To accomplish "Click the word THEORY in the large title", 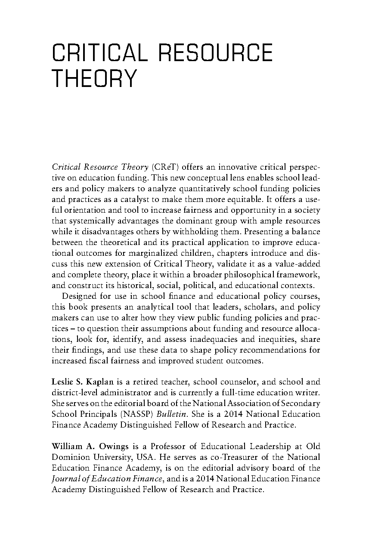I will pyautogui.click(x=94, y=79).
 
